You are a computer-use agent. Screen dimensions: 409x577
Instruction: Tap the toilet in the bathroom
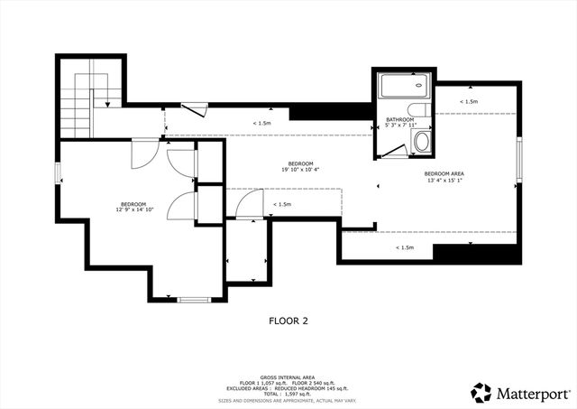click(x=421, y=142)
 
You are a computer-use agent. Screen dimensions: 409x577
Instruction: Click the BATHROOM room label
click(x=399, y=119)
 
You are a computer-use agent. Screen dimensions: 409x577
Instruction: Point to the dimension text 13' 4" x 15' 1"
click(x=444, y=180)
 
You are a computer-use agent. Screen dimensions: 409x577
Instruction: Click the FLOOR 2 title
click(x=288, y=320)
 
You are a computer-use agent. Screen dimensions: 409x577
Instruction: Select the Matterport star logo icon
click(x=482, y=392)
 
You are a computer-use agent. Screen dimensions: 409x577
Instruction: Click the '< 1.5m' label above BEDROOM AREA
click(x=468, y=101)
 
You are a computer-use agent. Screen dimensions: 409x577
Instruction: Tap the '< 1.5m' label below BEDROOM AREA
click(x=404, y=246)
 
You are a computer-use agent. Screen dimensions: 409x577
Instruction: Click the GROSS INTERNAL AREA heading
click(x=288, y=376)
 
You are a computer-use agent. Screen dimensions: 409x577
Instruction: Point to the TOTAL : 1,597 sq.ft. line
click(x=288, y=394)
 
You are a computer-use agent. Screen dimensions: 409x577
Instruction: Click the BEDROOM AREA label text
click(x=444, y=172)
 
